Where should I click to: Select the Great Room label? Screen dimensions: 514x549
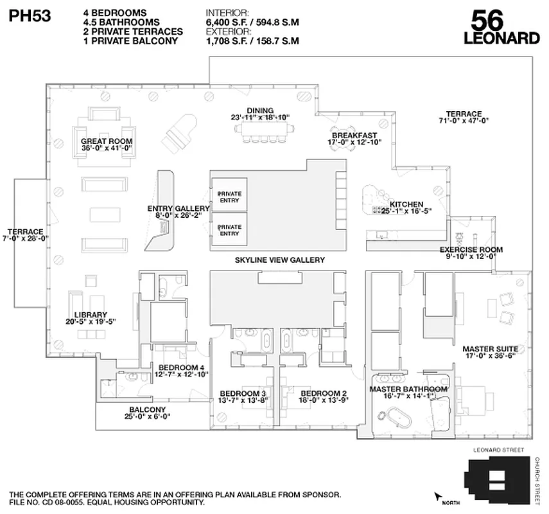107,145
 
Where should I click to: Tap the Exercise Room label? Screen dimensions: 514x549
471,253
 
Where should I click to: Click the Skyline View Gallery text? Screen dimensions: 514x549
279,260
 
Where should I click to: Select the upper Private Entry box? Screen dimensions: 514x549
229,196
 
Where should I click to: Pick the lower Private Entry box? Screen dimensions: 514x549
229,229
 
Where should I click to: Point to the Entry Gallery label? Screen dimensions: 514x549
179,212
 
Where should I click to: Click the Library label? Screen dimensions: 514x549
90,318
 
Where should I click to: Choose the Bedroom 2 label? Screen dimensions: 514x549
324,396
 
